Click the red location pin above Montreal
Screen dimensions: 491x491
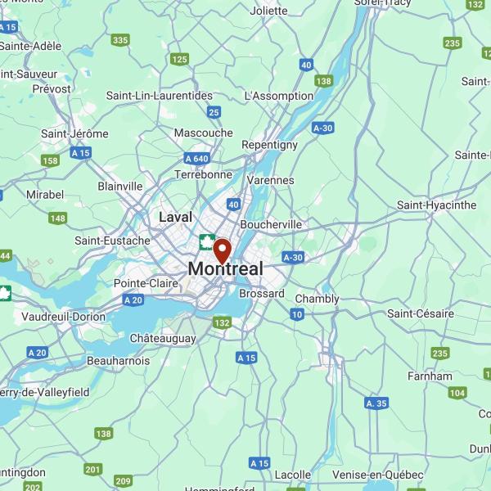(222, 248)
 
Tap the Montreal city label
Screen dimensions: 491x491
(226, 268)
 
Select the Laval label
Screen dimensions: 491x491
(176, 217)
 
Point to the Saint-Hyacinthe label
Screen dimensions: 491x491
(436, 205)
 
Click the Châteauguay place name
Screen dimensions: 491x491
(163, 338)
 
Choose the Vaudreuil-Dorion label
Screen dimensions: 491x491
(65, 316)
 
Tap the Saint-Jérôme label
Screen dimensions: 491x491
(74, 133)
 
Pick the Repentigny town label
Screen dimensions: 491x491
(269, 145)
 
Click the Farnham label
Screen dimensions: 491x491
(430, 376)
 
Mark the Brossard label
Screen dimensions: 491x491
(262, 293)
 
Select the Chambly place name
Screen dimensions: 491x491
(317, 299)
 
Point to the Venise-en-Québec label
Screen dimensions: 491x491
(378, 475)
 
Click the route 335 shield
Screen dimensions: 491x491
(121, 40)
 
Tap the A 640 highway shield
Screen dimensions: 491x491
(197, 158)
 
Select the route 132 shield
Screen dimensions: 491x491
(222, 323)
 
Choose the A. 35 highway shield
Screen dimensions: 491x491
(376, 403)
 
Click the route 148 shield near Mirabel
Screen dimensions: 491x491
(57, 218)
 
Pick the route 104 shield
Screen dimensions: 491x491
(457, 393)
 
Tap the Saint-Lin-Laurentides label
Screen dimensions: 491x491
(160, 96)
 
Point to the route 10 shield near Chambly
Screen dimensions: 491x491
(297, 314)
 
